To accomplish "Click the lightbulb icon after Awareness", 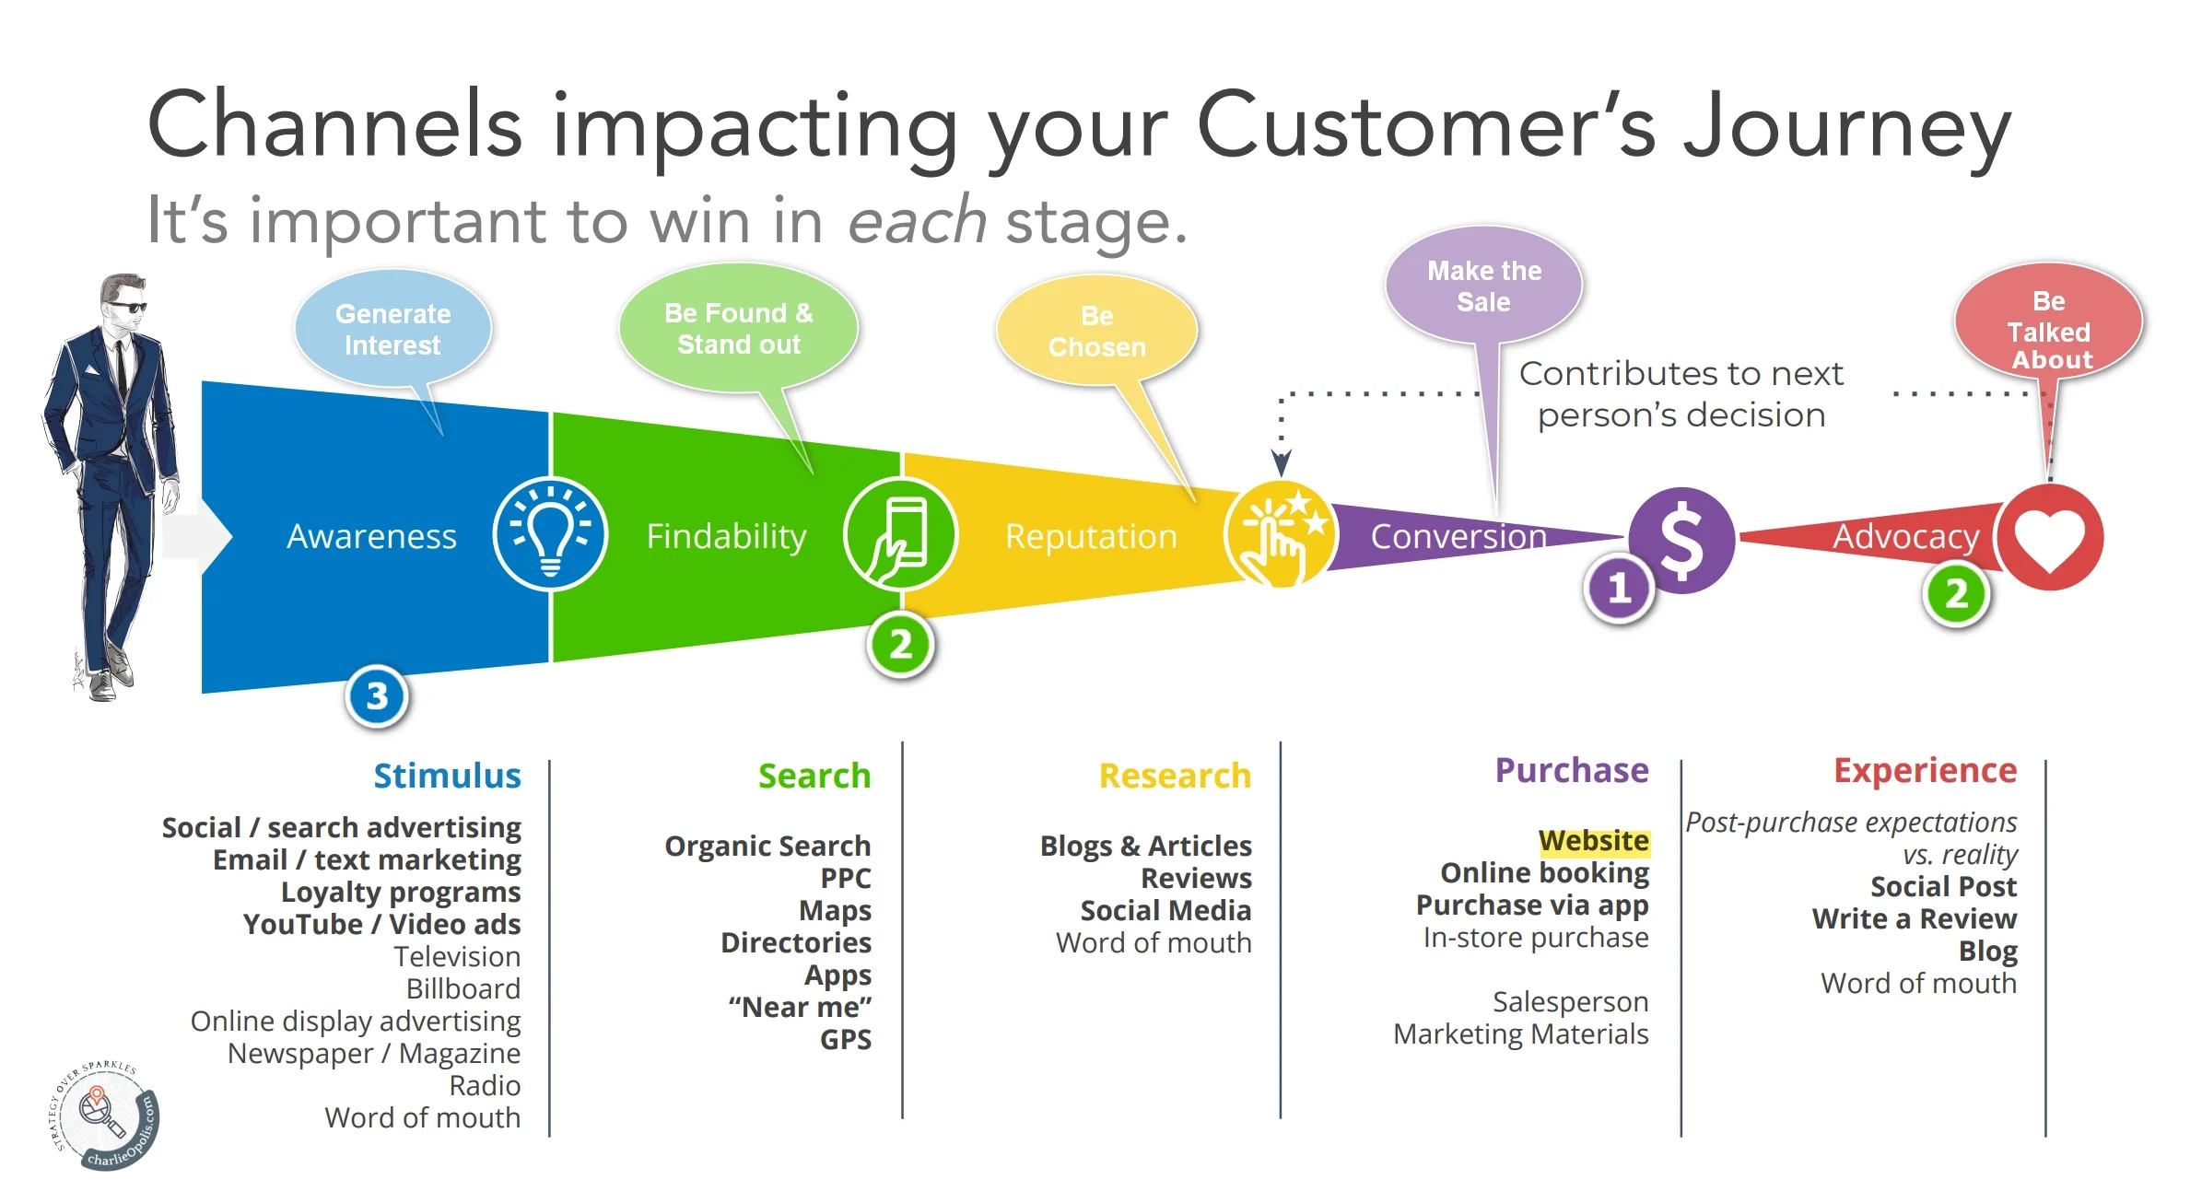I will tap(550, 534).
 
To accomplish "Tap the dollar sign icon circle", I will tap(1681, 540).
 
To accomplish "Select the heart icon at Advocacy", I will tap(2049, 538).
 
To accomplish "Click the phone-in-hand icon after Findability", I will tap(900, 534).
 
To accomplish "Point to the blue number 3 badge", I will tap(377, 696).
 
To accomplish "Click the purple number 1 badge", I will tap(1619, 588).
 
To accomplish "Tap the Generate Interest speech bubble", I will tap(392, 329).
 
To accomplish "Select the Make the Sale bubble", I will tap(1483, 286).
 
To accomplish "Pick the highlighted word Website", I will tap(1593, 841).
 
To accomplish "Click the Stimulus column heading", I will tap(447, 776).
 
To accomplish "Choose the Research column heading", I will tap(1175, 776).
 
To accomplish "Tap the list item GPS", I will tap(845, 1039).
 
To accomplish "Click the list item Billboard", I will tap(463, 988).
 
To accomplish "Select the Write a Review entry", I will tap(1914, 918).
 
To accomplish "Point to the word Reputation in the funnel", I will tap(1091, 536).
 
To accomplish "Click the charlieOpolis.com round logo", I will tap(103, 1116).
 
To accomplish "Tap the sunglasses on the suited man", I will tap(127, 306).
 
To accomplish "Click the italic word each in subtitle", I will tap(917, 221).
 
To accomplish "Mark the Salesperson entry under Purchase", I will tap(1570, 1001).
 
